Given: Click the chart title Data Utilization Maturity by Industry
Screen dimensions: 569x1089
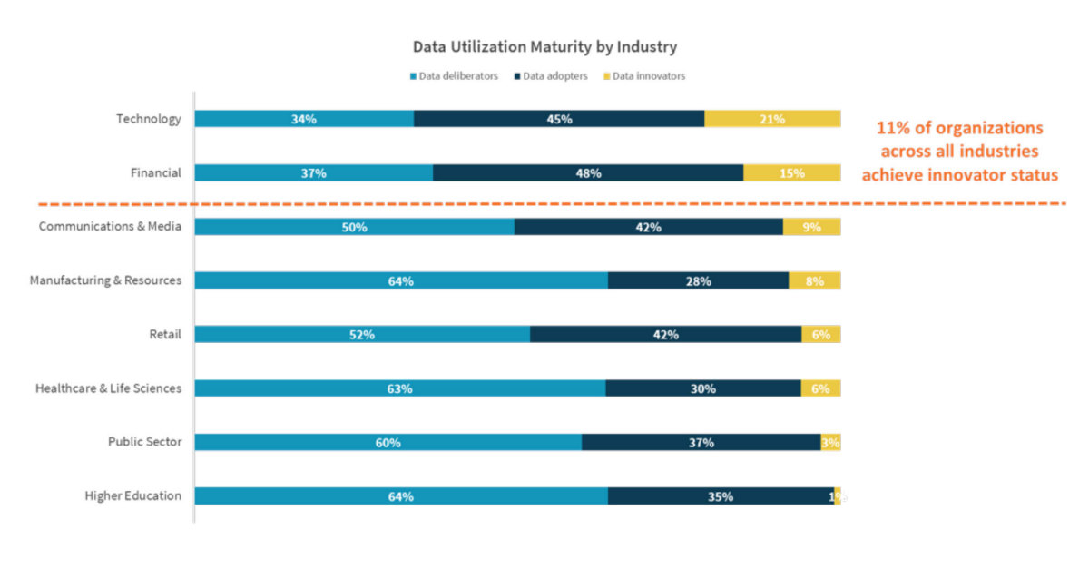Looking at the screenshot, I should point(544,46).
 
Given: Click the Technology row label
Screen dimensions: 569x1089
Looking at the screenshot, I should point(148,119).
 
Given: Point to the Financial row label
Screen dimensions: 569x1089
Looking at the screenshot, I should point(156,172).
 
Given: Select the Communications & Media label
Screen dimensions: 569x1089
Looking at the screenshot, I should point(110,226).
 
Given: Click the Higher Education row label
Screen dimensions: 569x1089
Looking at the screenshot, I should point(132,495).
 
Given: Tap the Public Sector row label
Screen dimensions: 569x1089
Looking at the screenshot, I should point(144,442).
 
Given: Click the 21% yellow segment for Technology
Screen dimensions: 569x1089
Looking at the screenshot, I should point(772,119).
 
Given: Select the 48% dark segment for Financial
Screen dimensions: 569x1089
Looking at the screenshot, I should point(588,172).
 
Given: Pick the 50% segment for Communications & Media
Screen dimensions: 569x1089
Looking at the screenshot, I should point(354,227).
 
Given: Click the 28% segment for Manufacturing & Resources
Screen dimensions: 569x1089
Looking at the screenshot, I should point(698,280).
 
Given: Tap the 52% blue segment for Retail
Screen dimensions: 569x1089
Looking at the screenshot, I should point(362,334).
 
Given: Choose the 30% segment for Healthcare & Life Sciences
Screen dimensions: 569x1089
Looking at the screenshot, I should point(702,388).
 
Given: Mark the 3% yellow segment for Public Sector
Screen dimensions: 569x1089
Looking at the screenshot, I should point(830,442).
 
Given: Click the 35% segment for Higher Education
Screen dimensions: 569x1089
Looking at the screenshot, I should point(721,496).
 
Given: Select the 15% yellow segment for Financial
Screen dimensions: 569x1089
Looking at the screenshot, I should point(791,172).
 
